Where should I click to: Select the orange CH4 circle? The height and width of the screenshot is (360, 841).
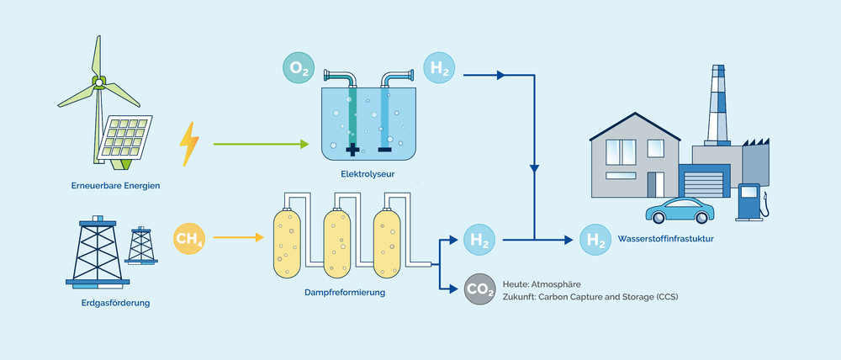pyautogui.click(x=189, y=239)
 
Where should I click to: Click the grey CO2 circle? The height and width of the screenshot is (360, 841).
pyautogui.click(x=479, y=289)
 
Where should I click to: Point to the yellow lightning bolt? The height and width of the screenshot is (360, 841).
pyautogui.click(x=189, y=145)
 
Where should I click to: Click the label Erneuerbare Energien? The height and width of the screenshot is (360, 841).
pyautogui.click(x=115, y=185)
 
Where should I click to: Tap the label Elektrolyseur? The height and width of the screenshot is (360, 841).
pyautogui.click(x=368, y=175)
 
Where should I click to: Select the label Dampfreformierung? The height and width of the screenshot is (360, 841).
pyautogui.click(x=345, y=293)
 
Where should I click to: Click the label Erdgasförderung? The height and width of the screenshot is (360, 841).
pyautogui.click(x=115, y=301)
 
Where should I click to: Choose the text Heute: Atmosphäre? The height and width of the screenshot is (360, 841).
pyautogui.click(x=541, y=284)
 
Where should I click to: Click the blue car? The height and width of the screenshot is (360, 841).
pyautogui.click(x=680, y=210)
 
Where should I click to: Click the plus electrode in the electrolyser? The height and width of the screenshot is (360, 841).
pyautogui.click(x=352, y=151)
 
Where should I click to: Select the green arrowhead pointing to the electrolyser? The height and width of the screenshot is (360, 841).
pyautogui.click(x=304, y=144)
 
